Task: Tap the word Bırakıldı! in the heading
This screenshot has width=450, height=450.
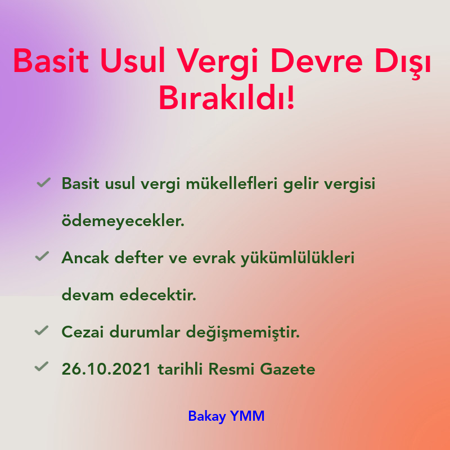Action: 226,98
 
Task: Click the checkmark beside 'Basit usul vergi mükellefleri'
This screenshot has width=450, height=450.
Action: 43,183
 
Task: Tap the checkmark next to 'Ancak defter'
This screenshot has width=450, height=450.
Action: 42,256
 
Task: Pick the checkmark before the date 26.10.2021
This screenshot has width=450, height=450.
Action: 42,367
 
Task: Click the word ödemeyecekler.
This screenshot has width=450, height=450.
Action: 123,221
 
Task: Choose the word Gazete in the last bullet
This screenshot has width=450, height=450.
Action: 288,370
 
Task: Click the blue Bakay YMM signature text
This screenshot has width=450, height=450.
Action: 226,416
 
